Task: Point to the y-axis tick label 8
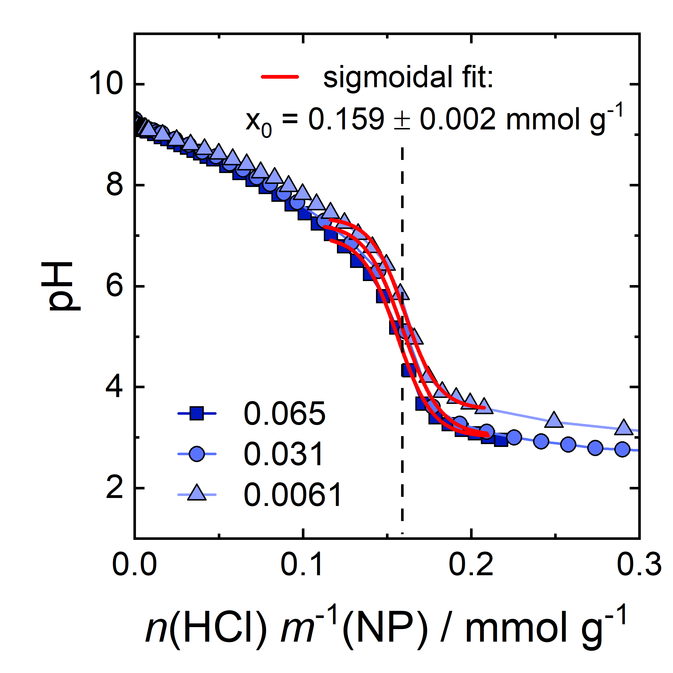pos(115,185)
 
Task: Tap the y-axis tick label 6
pos(115,286)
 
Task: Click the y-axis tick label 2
pos(114,488)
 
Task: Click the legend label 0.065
pos(284,414)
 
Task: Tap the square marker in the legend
pos(197,414)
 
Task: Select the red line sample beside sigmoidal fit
pos(280,77)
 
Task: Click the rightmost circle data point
pos(622,449)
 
